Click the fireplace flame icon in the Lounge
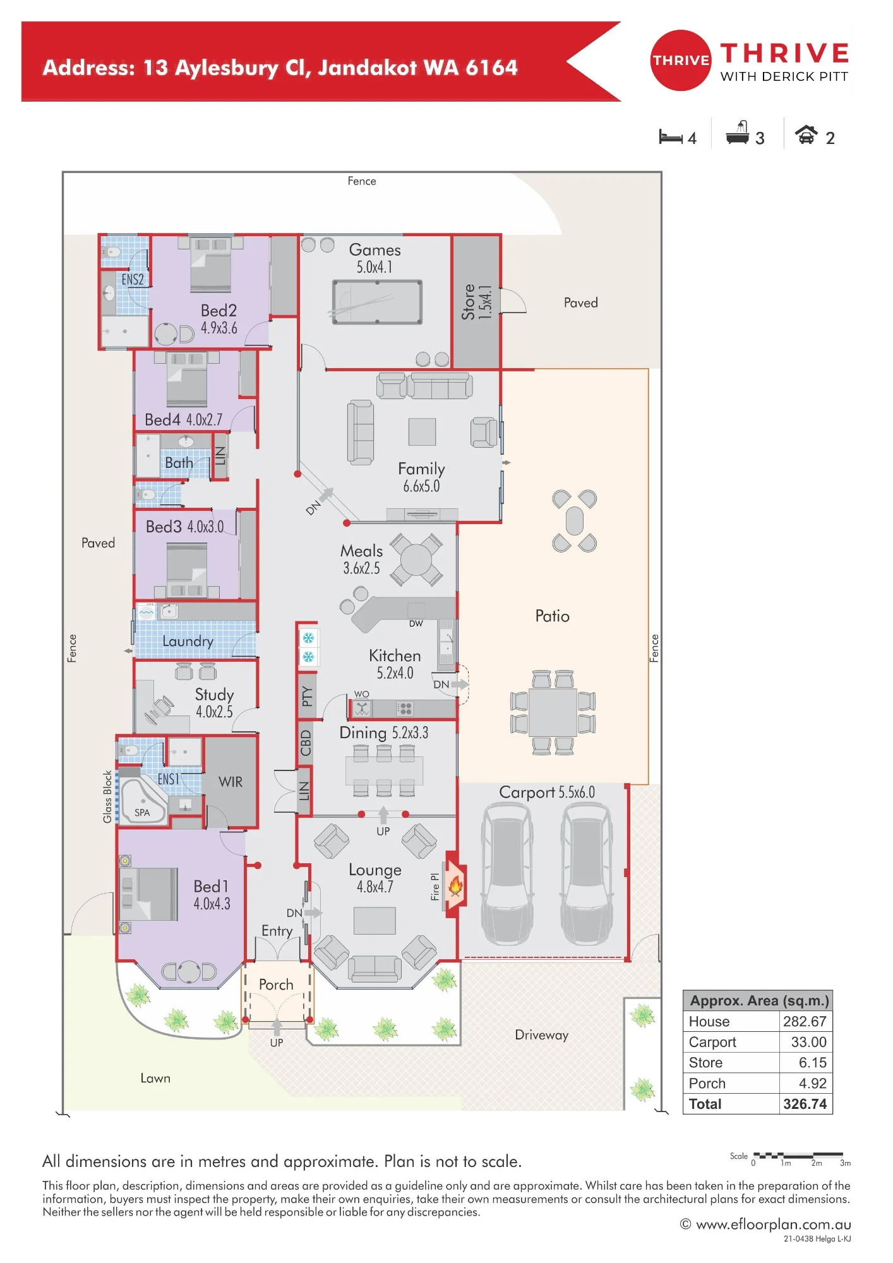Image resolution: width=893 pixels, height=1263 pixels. [x=455, y=886]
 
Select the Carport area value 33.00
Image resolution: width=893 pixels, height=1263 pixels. [x=808, y=1042]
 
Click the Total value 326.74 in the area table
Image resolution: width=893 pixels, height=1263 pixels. [x=805, y=1104]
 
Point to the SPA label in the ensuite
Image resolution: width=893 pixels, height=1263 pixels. [x=142, y=813]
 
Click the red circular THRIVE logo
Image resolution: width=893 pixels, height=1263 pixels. [x=681, y=61]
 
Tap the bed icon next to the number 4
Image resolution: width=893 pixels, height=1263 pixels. [x=670, y=137]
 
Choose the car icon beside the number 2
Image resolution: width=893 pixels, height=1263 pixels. [x=806, y=135]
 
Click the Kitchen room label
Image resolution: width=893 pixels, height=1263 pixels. [x=395, y=655]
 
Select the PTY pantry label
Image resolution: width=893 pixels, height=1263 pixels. [x=307, y=696]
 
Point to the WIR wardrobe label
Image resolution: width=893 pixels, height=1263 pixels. [x=231, y=782]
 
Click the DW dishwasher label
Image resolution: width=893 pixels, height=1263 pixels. [x=416, y=624]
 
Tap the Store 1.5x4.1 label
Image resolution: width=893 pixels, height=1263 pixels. [x=477, y=302]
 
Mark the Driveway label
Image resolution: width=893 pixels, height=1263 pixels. [x=541, y=1035]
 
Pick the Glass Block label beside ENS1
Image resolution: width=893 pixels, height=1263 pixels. [x=107, y=797]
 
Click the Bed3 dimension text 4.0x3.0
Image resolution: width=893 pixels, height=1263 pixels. [x=205, y=527]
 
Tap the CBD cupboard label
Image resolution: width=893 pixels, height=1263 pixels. [x=306, y=743]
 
